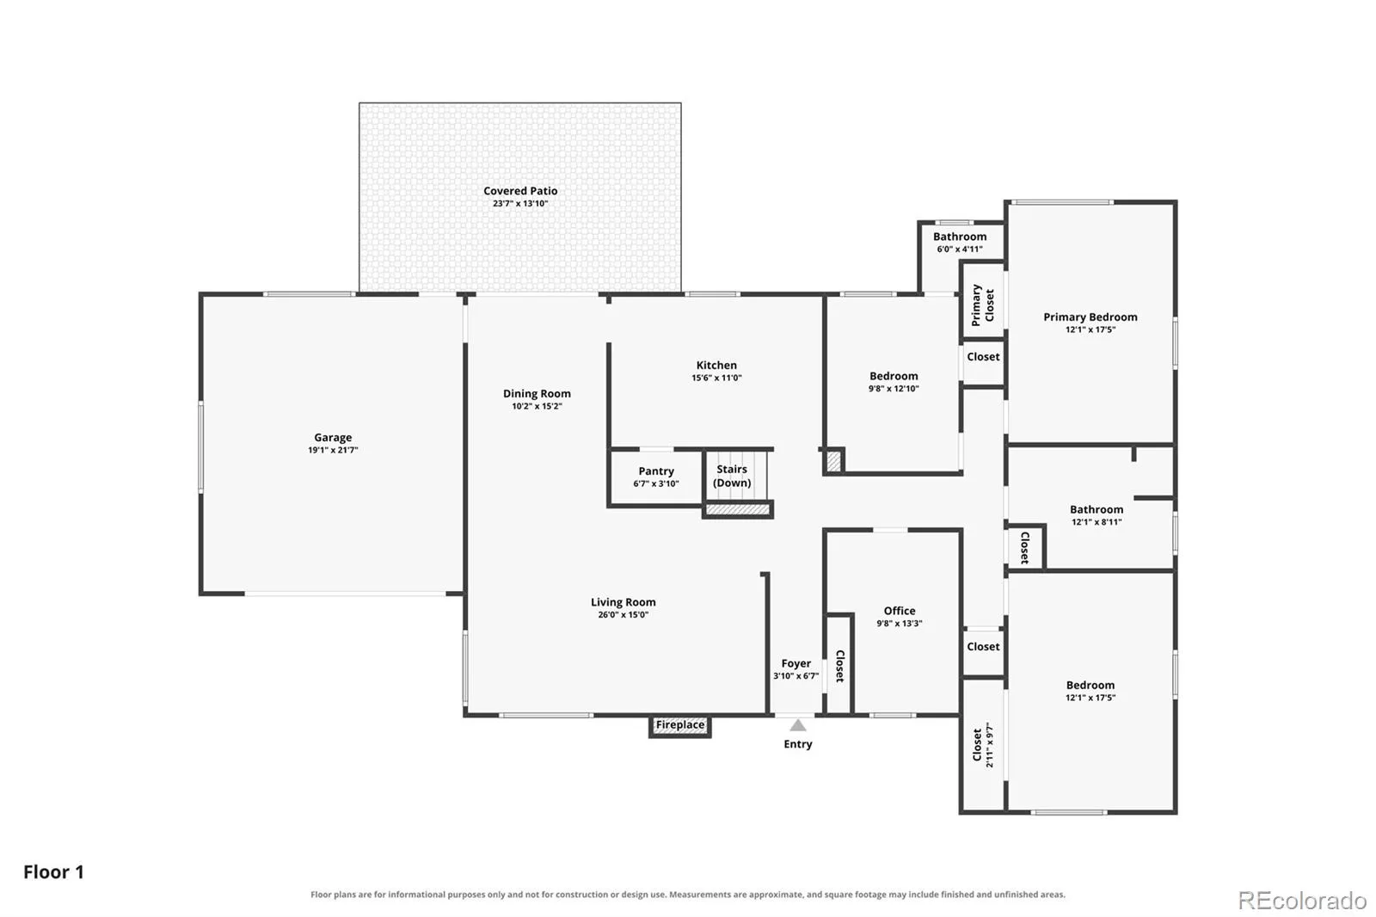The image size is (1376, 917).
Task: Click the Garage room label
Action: tap(333, 438)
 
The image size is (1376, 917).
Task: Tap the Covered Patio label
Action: tap(520, 191)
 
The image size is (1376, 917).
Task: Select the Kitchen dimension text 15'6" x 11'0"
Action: tap(716, 378)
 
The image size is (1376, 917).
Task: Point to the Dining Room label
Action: tap(537, 394)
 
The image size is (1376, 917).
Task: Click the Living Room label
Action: tap(623, 602)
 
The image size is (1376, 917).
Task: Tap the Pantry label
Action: tap(656, 471)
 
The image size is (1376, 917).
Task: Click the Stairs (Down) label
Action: tap(732, 476)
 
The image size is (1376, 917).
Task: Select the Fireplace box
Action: tap(680, 726)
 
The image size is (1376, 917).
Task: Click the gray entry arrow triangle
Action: tap(798, 726)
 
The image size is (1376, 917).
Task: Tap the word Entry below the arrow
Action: tap(798, 744)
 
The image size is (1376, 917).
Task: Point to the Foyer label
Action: tap(796, 664)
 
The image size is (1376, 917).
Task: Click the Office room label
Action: tap(900, 611)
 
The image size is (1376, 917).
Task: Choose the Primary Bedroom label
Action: tap(1090, 317)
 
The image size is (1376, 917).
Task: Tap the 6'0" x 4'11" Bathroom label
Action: tap(960, 243)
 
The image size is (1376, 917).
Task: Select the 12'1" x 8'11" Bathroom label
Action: tap(1096, 515)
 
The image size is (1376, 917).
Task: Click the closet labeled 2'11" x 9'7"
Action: tap(983, 745)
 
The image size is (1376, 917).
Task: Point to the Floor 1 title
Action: tap(53, 872)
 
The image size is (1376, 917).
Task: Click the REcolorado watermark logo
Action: tap(1302, 901)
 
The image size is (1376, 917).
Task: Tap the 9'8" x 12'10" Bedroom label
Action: tap(894, 382)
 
